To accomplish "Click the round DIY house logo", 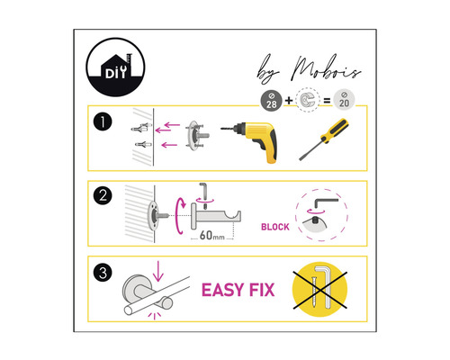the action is (x=115, y=67).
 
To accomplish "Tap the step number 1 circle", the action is (x=103, y=121).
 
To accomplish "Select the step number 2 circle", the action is (x=103, y=196).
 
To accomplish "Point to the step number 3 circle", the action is (x=103, y=273).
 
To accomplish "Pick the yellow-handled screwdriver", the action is (x=324, y=139).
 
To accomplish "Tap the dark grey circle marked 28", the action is (x=271, y=101).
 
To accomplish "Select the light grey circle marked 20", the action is (x=344, y=100).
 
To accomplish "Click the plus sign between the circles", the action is (x=289, y=100).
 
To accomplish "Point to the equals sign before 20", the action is (x=327, y=101).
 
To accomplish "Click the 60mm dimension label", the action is (x=212, y=236).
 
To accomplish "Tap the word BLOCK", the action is (x=275, y=227).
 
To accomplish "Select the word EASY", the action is (x=222, y=290).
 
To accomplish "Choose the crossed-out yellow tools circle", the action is (x=319, y=290).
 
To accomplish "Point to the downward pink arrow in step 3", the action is (x=158, y=271).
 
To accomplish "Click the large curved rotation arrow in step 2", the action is (x=180, y=215).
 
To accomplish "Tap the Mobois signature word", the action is (x=327, y=68).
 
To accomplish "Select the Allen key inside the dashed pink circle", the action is (x=326, y=203).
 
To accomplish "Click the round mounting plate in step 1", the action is (x=193, y=136).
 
